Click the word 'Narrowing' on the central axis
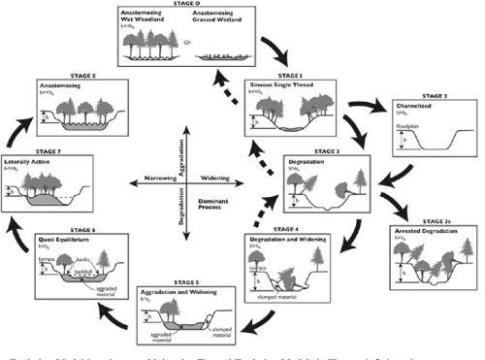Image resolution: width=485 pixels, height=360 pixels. (x=160, y=180)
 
